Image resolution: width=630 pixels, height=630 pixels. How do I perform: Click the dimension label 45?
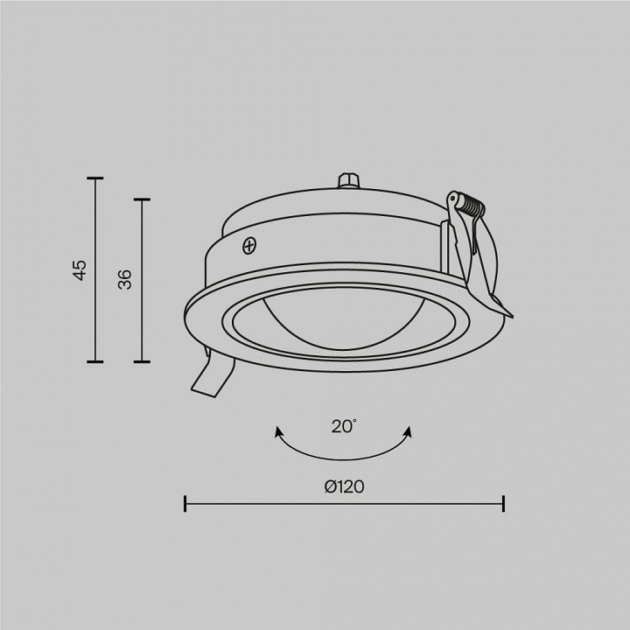coord(80,269)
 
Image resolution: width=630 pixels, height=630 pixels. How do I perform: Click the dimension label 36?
coord(125,280)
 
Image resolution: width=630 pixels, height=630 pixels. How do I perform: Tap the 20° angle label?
coord(343,427)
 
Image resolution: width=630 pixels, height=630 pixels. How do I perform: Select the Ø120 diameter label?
coord(344,486)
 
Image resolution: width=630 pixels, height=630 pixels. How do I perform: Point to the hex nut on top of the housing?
coord(348,180)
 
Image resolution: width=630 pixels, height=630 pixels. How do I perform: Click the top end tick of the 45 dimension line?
coord(94,178)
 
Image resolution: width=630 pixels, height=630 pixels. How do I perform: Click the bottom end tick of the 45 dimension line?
coord(94,361)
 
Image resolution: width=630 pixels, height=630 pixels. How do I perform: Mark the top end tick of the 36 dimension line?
coord(141,199)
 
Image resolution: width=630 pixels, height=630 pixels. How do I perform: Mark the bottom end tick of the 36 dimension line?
coord(141,361)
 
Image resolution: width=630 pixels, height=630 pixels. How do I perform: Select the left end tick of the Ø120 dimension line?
coord(185,504)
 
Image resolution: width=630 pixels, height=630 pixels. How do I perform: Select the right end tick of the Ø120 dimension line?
coord(503,504)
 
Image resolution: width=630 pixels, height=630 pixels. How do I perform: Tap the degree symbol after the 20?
coord(355,421)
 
